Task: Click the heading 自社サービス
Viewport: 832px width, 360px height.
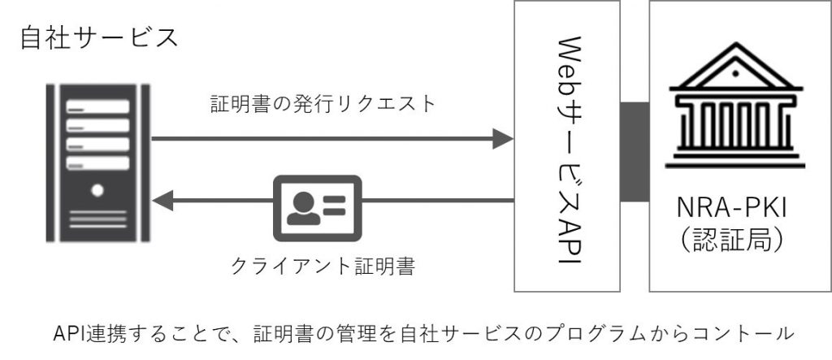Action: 97,37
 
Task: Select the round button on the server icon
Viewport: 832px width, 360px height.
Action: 97,190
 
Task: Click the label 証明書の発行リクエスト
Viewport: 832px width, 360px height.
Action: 323,104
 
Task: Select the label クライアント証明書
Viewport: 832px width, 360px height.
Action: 323,266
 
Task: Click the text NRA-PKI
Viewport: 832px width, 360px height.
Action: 736,215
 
